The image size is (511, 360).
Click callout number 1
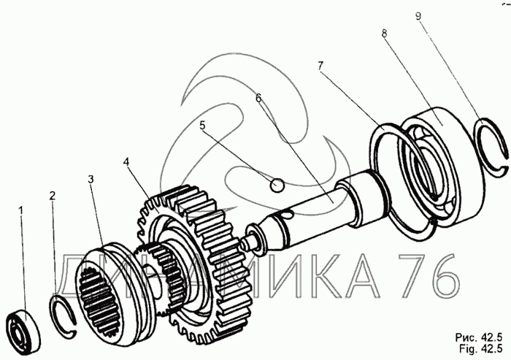[21, 210]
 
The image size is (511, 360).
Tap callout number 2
[52, 196]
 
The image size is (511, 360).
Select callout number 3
[91, 179]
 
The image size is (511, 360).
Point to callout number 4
[126, 161]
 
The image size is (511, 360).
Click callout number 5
[202, 125]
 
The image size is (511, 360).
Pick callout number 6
[258, 98]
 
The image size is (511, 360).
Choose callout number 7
[320, 66]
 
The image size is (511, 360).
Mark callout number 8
[384, 33]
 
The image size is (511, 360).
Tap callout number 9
[419, 16]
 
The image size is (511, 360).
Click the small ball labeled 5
[277, 185]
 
